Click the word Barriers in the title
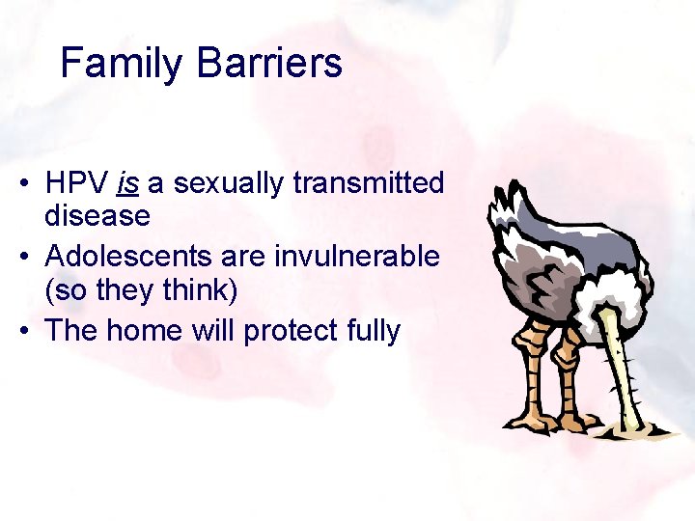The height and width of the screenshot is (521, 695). click(269, 64)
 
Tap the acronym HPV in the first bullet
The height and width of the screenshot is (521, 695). click(76, 183)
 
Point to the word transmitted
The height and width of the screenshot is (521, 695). click(377, 183)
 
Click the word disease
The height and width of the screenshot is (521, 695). click(97, 216)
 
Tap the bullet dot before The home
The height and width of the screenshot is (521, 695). click(32, 331)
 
